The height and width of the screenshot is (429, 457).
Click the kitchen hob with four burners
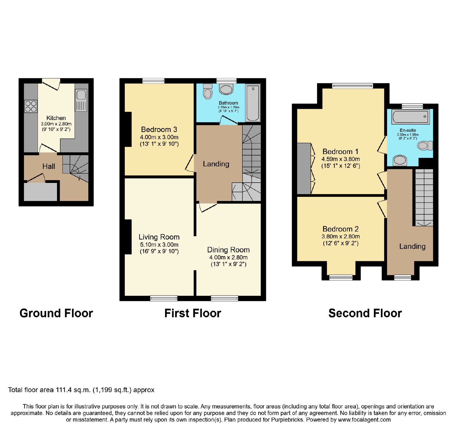(31, 106)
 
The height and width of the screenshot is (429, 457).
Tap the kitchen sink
(81, 100)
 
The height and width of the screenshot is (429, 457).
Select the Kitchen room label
(56, 118)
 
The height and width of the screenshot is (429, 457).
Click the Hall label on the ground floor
(49, 166)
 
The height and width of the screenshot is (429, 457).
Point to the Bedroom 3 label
(159, 129)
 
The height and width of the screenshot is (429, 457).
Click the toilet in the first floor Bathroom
(208, 91)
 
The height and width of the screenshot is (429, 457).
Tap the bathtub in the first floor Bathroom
(253, 103)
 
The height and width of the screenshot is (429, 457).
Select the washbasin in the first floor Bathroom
(226, 89)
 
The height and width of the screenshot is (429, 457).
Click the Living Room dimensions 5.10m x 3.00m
(159, 245)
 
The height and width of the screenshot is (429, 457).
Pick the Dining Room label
(228, 250)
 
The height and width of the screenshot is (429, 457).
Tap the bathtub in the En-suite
(410, 117)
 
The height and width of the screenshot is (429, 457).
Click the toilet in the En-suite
(425, 145)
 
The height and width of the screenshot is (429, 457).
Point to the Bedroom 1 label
(340, 151)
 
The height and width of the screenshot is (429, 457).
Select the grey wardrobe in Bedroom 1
(304, 169)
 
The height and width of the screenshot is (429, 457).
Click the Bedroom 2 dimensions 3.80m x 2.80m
(341, 236)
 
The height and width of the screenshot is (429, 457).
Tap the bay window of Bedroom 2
(341, 277)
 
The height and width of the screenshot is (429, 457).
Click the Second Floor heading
(365, 313)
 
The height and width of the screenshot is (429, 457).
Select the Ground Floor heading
(56, 313)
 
